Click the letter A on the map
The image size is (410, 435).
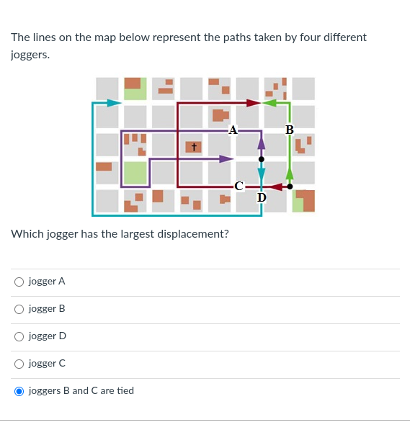[232, 130]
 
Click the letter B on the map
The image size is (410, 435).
[289, 130]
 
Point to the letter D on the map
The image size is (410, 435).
[261, 197]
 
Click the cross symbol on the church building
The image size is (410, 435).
[193, 147]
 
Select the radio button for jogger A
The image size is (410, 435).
[19, 282]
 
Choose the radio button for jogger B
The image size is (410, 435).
[19, 309]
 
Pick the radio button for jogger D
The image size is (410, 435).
[19, 336]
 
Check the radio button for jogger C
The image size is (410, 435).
[19, 364]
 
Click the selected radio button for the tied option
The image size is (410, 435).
[19, 391]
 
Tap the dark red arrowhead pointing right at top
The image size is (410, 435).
[253, 103]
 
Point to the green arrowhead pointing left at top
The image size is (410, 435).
[269, 103]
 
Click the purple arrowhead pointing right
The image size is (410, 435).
[226, 158]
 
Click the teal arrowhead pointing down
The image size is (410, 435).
[262, 173]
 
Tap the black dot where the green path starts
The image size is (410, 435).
[290, 187]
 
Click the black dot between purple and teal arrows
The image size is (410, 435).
[262, 158]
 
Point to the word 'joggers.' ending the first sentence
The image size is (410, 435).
[30, 54]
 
